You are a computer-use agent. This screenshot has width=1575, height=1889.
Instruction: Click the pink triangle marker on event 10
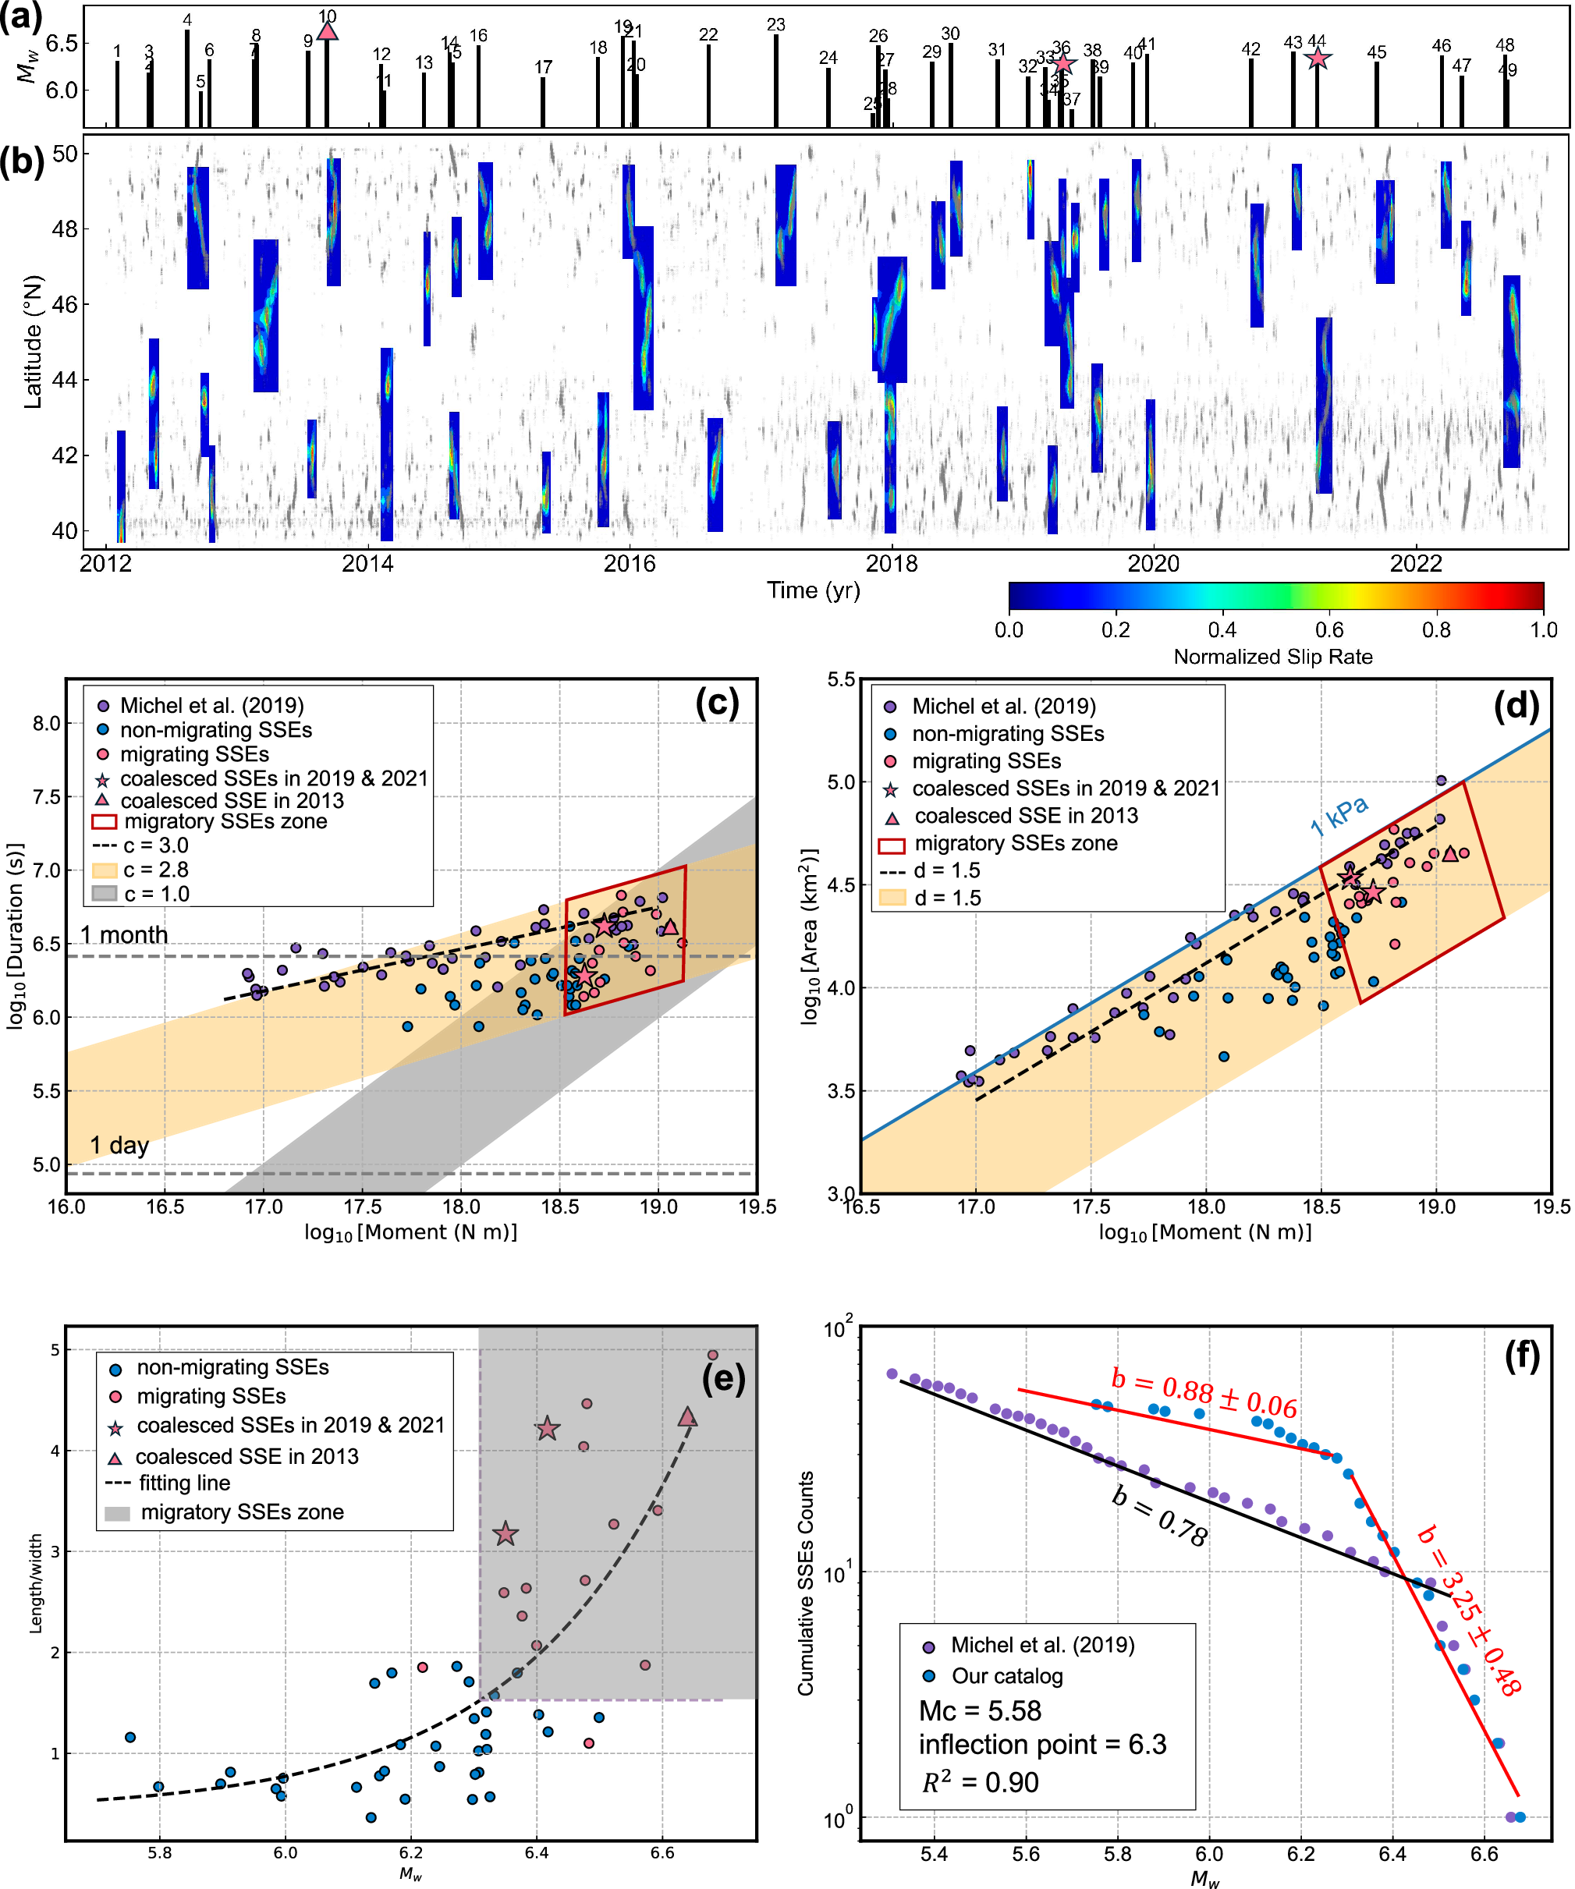pos(328,31)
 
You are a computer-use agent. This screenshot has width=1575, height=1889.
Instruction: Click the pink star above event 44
pos(1318,58)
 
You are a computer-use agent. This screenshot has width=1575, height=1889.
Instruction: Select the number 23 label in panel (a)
pos(775,25)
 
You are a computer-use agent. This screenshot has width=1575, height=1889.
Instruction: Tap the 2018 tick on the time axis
pos(892,564)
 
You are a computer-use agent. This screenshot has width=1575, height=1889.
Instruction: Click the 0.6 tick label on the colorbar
pos(1329,629)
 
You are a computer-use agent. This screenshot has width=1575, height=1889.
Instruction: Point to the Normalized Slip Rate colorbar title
pos(1273,657)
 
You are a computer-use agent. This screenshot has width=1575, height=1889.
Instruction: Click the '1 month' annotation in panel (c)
pos(124,934)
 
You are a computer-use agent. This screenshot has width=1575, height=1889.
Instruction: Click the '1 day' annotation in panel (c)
pos(119,1145)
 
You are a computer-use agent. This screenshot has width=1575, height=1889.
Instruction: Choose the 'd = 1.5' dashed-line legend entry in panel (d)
pos(946,870)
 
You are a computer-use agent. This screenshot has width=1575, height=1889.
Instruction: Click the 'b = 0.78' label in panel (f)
pos(1159,1517)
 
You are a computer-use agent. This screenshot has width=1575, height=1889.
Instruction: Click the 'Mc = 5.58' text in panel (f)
pos(980,1710)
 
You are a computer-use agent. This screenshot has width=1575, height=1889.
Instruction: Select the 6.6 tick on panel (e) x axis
pos(662,1853)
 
